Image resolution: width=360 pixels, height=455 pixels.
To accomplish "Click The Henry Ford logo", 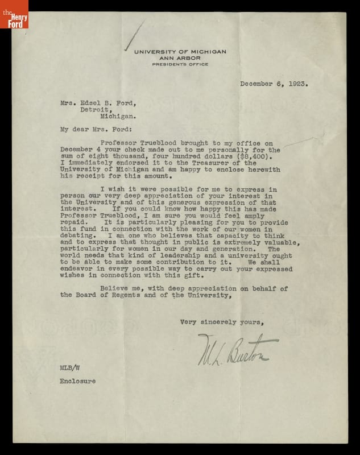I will [14, 14].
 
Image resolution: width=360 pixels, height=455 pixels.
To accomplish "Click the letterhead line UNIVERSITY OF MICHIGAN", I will [180, 52].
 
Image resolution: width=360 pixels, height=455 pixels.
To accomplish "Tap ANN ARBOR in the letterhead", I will [180, 58].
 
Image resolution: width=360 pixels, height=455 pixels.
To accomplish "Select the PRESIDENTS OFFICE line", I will [180, 64].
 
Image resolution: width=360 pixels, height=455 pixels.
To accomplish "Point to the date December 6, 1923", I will [274, 83].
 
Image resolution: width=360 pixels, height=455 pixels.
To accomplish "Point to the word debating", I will [76, 251].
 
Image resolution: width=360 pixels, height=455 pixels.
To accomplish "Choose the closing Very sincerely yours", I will [222, 322].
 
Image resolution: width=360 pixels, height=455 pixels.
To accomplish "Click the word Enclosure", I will [78, 382].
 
